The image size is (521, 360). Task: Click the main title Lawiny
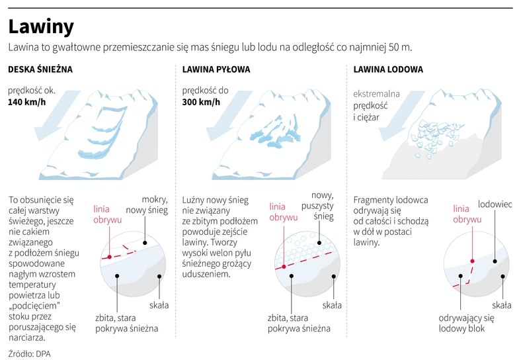[40, 26]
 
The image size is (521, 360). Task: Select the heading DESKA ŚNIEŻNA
[40, 69]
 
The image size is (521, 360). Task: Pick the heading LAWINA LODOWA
[388, 69]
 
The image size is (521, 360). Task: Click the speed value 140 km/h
[27, 103]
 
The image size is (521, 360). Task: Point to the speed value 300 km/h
[201, 103]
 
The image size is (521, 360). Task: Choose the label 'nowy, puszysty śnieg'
[323, 205]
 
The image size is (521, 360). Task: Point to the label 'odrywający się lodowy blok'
[466, 323]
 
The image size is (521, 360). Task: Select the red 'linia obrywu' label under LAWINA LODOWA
[467, 214]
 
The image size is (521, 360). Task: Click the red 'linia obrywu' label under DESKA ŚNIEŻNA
[107, 214]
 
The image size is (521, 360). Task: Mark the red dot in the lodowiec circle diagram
[472, 261]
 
